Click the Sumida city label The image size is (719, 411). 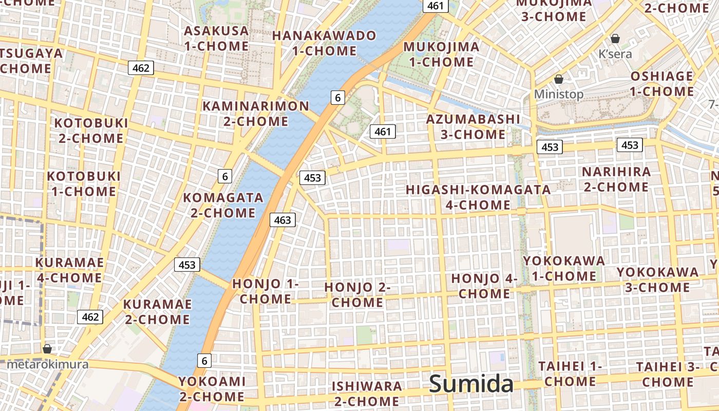click(x=471, y=384)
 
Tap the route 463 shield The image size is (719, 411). click(x=282, y=220)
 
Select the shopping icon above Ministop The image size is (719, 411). click(x=559, y=79)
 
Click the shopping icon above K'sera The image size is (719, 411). click(x=615, y=39)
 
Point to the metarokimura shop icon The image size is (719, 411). click(x=47, y=349)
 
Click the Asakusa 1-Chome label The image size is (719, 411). click(x=216, y=39)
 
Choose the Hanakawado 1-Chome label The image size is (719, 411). click(x=324, y=43)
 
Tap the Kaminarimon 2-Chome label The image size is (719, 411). click(x=256, y=114)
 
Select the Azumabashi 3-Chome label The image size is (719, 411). click(x=473, y=127)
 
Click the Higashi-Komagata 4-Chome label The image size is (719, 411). click(x=478, y=197)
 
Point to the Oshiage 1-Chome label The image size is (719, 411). click(x=661, y=84)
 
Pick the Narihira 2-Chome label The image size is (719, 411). click(x=616, y=179)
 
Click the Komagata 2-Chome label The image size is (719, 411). click(x=223, y=205)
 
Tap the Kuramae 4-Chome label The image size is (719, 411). click(x=69, y=270)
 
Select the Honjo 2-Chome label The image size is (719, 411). click(x=357, y=295)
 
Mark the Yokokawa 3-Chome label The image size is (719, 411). click(x=657, y=279)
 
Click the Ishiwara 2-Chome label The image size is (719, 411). click(x=367, y=394)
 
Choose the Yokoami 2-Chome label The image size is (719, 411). click(x=212, y=389)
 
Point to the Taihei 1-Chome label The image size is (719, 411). click(x=570, y=374)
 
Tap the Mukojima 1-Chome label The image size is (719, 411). click(x=441, y=54)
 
